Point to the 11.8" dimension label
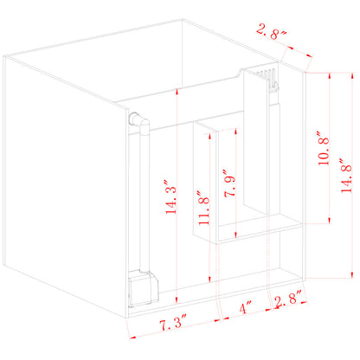(201, 209)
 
